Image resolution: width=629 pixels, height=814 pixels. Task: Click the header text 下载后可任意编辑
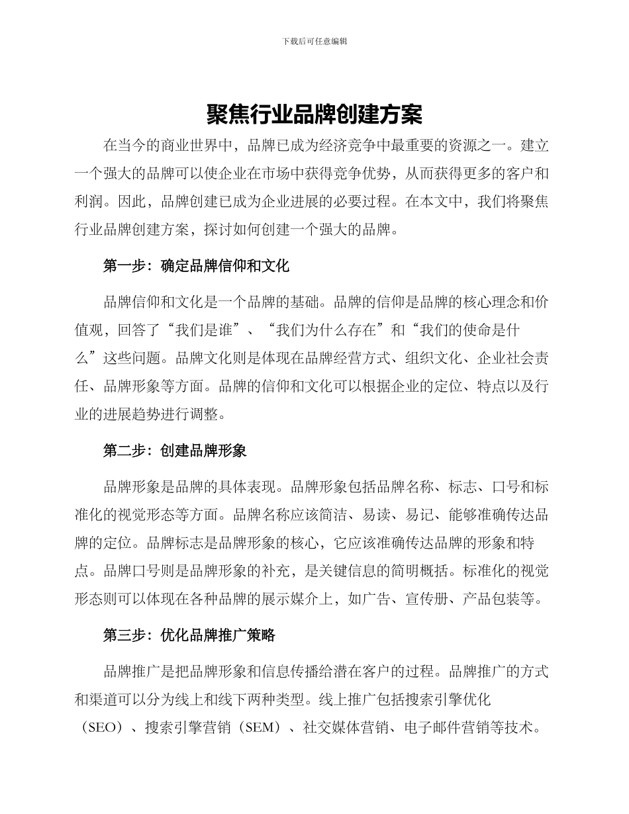314,41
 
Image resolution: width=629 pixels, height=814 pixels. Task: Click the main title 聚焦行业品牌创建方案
314,115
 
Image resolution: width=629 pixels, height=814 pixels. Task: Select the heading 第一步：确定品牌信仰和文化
197,267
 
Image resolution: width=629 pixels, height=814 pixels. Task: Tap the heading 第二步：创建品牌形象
175,451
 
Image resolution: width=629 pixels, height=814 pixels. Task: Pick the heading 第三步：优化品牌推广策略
189,635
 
